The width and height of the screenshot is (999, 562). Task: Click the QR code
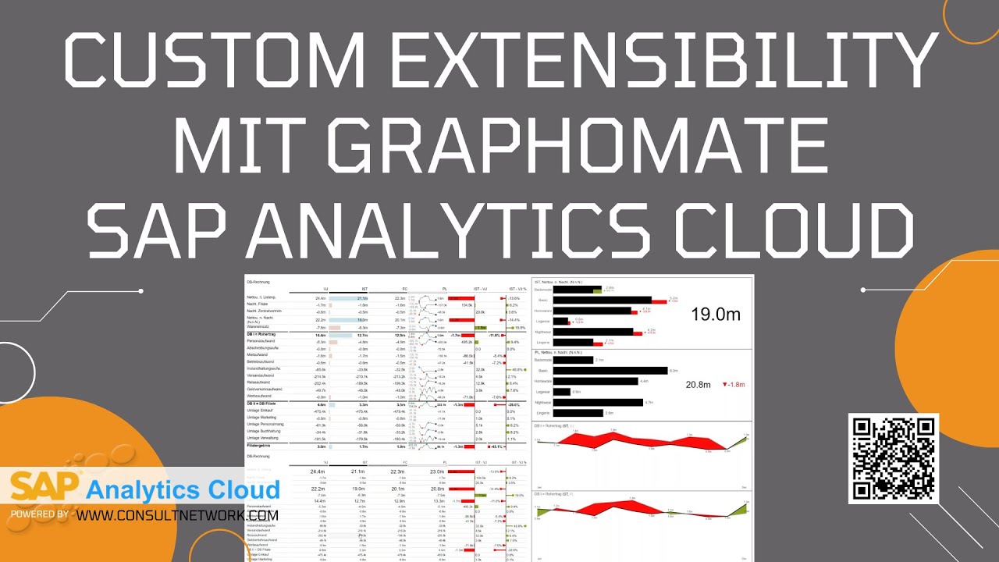893,459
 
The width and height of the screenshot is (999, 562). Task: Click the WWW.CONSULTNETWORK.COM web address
178,515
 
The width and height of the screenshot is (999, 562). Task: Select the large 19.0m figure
716,315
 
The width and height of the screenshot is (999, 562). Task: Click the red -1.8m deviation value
734,384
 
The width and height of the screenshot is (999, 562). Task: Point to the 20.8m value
699,384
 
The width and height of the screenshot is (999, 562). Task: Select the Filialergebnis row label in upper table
261,446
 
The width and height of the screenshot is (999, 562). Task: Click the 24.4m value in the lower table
318,471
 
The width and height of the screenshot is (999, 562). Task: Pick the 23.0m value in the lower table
437,471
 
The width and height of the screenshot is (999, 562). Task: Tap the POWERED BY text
39,515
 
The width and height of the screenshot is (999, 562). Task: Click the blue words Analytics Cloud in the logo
183,490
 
